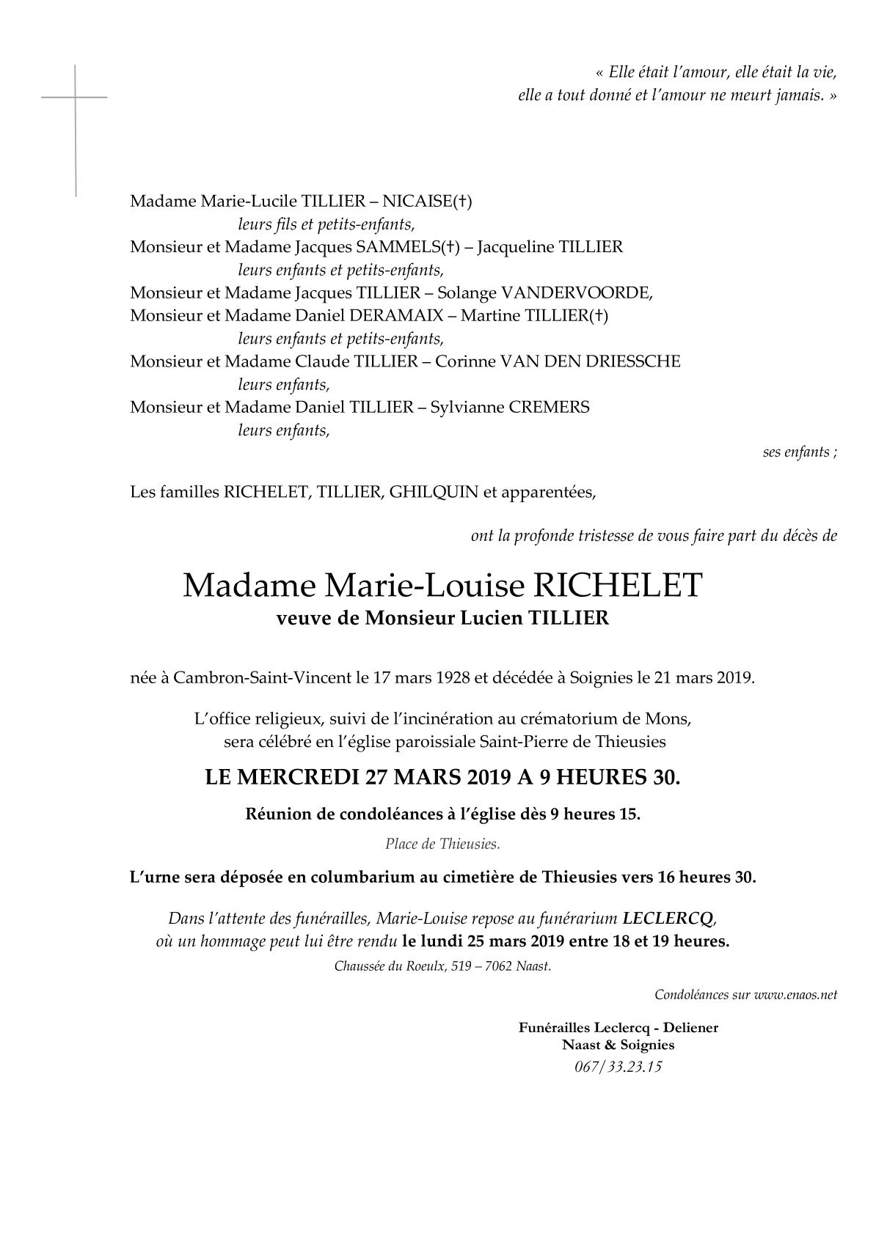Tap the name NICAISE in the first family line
pyautogui.click(x=419, y=201)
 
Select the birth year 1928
pyautogui.click(x=448, y=677)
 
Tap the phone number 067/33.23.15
pyautogui.click(x=618, y=1067)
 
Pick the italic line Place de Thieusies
pyautogui.click(x=442, y=844)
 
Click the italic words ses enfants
pyautogui.click(x=797, y=452)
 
